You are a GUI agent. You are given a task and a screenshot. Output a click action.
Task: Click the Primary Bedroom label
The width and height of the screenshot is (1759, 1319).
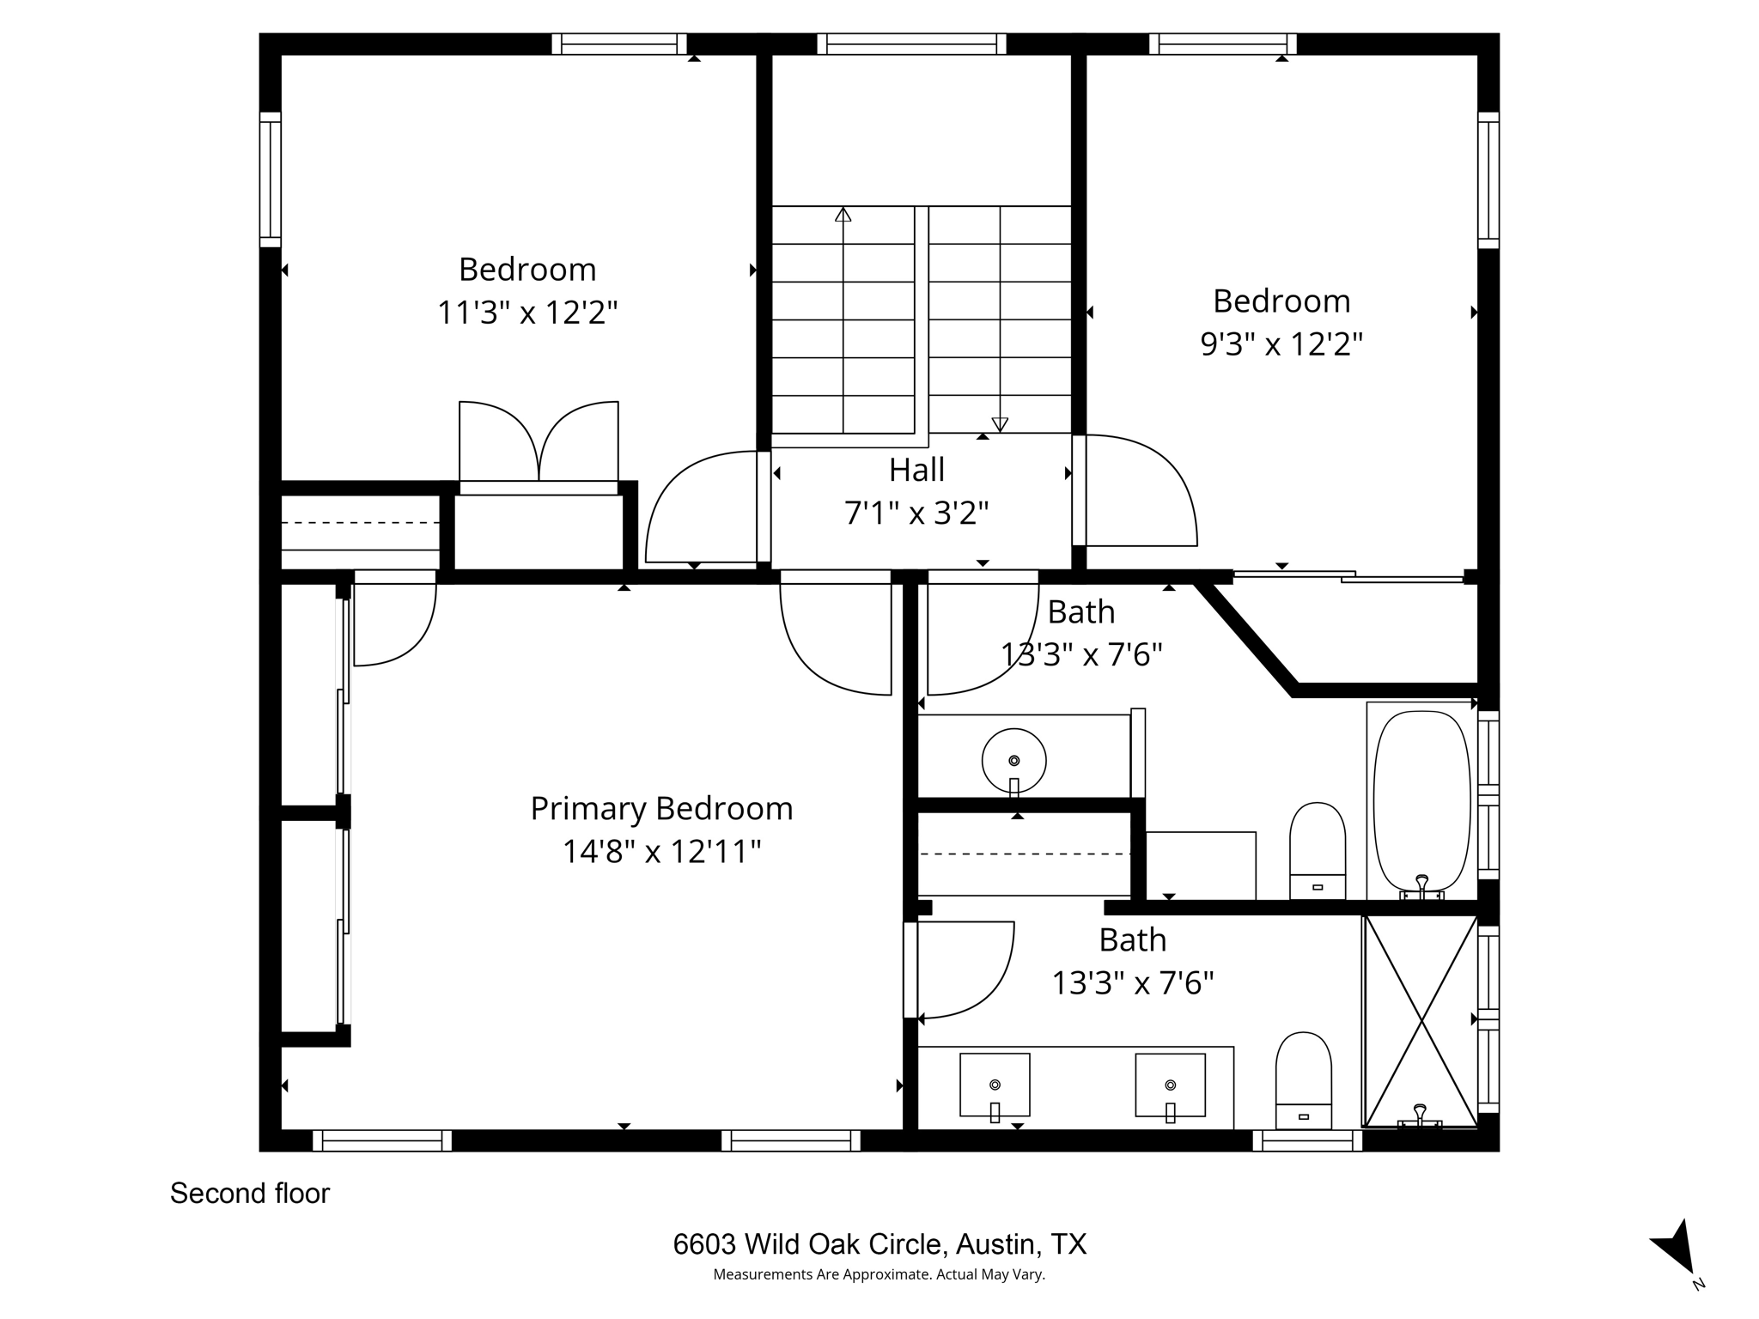660,809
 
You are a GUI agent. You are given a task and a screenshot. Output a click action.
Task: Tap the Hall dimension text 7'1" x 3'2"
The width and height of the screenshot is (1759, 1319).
916,514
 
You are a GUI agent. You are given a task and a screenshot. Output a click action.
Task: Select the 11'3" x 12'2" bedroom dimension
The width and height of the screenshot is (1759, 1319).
527,313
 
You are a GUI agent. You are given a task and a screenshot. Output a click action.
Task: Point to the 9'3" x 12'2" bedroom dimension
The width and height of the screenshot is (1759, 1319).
1281,344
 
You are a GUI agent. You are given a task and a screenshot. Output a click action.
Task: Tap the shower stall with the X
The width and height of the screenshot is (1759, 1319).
1421,1020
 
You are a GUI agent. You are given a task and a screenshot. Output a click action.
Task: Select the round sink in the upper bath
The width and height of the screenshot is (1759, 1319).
1013,761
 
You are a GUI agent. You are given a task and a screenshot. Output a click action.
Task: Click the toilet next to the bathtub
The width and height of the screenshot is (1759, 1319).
1317,850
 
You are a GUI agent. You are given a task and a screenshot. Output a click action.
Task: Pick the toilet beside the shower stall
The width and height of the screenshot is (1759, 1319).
1303,1079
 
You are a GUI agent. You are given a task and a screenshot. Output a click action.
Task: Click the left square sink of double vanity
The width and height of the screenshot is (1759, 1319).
995,1085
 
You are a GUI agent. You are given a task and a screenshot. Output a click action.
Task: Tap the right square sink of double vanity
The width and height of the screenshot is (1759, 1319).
1170,1085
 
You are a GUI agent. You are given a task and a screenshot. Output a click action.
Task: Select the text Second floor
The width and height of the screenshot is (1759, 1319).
250,1194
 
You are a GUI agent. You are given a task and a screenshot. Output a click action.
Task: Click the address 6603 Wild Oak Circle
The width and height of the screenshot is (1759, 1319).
879,1244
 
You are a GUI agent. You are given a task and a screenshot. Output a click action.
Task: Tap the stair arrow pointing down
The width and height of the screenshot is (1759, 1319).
999,422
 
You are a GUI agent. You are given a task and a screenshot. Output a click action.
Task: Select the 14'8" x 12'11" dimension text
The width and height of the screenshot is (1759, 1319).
661,852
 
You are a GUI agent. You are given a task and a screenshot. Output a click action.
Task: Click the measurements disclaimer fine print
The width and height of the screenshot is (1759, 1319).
879,1275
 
